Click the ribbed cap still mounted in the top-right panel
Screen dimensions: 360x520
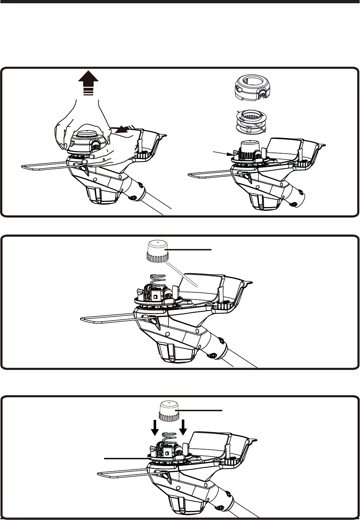(248, 148)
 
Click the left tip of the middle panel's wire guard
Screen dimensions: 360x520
(81, 320)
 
